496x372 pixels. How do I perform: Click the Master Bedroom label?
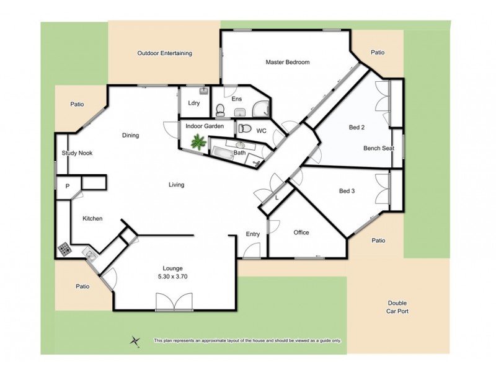(287, 62)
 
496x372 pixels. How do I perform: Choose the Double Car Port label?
(394, 307)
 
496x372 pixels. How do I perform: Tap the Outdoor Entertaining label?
(164, 53)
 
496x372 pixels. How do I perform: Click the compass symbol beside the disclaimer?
(135, 340)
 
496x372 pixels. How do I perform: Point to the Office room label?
(301, 232)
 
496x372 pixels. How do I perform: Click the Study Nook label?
(77, 153)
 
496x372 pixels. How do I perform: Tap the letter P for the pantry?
(66, 185)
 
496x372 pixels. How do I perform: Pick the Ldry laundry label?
(193, 103)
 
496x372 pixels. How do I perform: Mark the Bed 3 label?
(347, 191)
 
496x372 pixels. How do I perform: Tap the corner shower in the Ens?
(263, 108)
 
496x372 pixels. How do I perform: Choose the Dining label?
(130, 135)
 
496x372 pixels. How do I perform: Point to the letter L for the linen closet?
(277, 198)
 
